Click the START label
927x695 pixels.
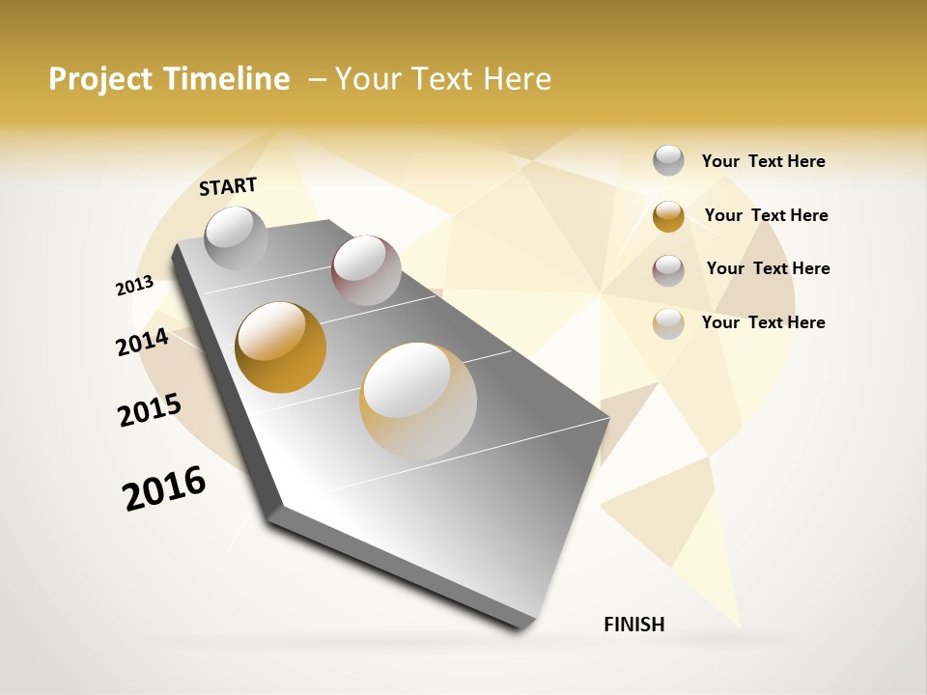coord(228,186)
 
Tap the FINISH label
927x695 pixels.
coord(633,625)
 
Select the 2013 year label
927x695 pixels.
coord(134,286)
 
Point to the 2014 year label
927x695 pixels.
coord(142,342)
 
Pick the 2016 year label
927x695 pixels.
coord(164,487)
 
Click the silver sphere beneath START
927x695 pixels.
coord(236,237)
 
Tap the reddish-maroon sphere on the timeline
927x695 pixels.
coord(366,270)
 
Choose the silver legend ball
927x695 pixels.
coord(668,160)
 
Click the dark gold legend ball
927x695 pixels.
coord(668,216)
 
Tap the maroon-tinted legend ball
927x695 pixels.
coord(668,270)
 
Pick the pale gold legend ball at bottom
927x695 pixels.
coord(668,323)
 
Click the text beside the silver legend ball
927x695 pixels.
coord(763,161)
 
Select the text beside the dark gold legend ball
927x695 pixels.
coord(766,215)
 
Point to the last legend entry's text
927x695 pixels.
coord(763,322)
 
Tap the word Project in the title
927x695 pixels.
coord(97,79)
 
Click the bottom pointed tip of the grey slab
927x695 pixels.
coord(521,625)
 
